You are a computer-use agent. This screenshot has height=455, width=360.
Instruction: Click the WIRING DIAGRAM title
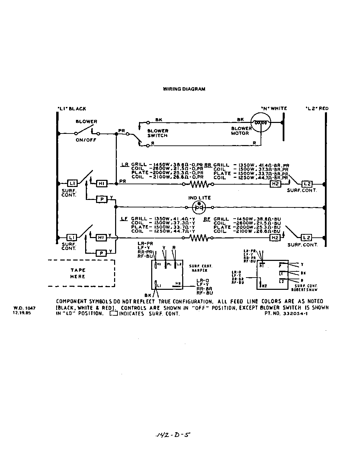pos(184,89)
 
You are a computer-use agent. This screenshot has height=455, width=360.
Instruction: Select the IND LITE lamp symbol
pos(199,207)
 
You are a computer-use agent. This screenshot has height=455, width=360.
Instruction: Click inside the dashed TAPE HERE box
pos(81,273)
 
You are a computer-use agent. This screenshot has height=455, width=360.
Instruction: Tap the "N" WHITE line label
pos(274,109)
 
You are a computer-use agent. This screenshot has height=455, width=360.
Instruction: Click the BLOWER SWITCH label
pos(157,133)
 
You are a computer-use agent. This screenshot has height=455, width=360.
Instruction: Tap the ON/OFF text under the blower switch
pos(86,140)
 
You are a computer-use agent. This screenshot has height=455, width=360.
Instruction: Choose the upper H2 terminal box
pos(275,184)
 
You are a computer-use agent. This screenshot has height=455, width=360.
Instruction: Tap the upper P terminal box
pos(101,199)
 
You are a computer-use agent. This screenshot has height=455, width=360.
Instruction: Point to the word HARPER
pos(199,271)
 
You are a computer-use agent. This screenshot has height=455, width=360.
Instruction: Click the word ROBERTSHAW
pos(304,290)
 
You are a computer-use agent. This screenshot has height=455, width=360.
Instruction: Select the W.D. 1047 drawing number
pos(24,308)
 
